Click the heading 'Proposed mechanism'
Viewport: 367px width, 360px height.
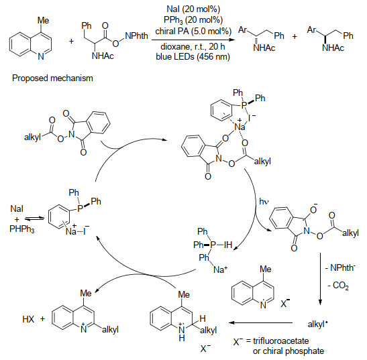[52, 78]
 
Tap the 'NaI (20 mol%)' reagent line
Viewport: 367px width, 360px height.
[193, 9]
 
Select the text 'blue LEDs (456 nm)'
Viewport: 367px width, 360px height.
[193, 56]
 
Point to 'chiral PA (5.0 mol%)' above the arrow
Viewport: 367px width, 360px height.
[193, 31]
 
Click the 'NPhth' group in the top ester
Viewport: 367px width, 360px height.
[136, 36]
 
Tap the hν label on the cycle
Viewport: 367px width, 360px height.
[264, 201]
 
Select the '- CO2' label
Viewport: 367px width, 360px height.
[338, 286]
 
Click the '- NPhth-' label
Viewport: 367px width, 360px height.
[341, 267]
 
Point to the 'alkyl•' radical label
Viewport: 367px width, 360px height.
[317, 324]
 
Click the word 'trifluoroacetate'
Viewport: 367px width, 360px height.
[281, 341]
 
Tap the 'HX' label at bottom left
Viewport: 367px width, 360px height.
[28, 319]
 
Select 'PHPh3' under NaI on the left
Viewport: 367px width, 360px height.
[22, 229]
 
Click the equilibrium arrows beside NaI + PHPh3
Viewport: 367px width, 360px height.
[34, 219]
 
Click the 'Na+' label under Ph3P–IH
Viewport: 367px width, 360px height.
[220, 269]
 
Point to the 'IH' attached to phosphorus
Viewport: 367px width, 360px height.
[228, 245]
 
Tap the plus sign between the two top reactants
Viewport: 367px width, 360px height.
[71, 42]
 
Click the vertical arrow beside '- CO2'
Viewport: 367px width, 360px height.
[320, 279]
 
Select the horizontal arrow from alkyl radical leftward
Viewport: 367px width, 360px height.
[261, 323]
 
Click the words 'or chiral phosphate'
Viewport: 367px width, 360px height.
[289, 351]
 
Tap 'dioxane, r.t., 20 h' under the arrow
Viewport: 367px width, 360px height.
[193, 47]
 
